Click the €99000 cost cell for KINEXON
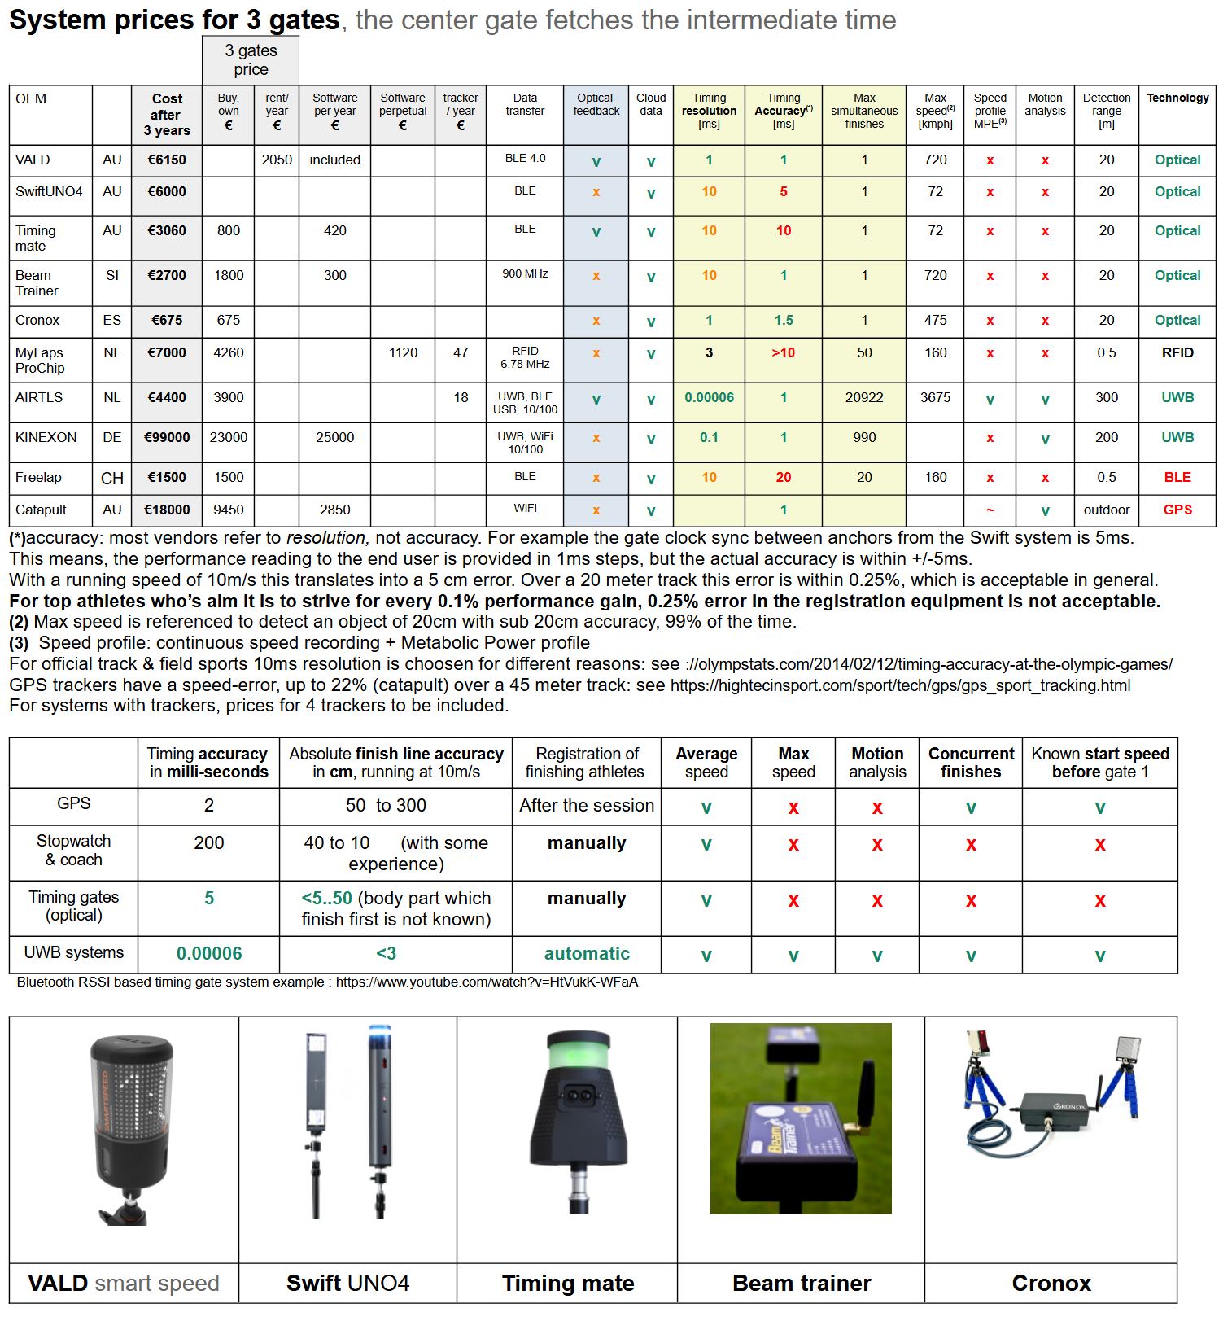[x=167, y=438]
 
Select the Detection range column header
[x=1106, y=111]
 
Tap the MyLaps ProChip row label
[x=40, y=360]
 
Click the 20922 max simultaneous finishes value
[x=864, y=398]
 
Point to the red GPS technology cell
[x=1177, y=510]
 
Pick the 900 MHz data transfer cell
[x=525, y=274]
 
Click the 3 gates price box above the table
[x=251, y=60]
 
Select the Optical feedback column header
[x=596, y=104]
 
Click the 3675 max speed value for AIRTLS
[x=935, y=398]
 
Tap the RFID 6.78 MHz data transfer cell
[x=525, y=358]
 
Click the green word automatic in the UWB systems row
[x=587, y=954]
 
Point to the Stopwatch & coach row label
[x=73, y=851]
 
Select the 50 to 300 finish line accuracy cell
[x=386, y=806]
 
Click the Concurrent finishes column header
[x=971, y=763]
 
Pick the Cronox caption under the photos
[x=1051, y=1284]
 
